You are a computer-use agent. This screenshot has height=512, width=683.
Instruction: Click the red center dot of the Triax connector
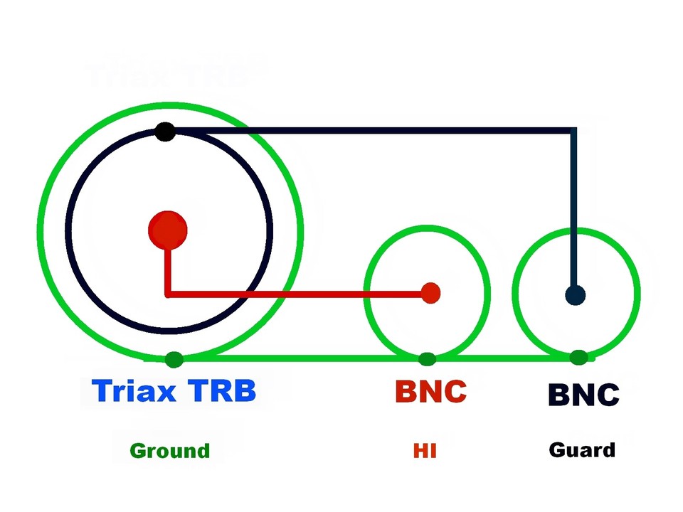point(168,230)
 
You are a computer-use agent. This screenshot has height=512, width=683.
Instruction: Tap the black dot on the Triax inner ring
point(165,132)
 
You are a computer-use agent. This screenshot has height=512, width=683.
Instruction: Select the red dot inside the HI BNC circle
point(430,292)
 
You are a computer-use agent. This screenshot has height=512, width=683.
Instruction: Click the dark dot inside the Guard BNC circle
point(575,294)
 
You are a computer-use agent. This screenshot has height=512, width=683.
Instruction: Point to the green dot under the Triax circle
point(174,359)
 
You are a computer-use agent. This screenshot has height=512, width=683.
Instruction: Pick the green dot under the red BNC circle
point(427,358)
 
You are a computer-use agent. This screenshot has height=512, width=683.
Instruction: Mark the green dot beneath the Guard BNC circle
point(578,357)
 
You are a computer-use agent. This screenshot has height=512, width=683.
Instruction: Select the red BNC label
point(430,391)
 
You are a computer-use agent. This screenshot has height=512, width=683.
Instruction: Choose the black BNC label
point(583,394)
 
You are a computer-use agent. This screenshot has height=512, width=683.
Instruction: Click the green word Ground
point(170,451)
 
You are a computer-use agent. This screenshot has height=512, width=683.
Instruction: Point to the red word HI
point(425,451)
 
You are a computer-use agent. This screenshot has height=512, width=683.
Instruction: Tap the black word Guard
point(582,450)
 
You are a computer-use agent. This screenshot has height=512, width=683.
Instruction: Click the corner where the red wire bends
point(168,292)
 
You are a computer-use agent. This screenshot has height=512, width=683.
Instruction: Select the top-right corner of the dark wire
point(573,131)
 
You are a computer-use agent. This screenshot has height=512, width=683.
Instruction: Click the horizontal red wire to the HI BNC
point(299,292)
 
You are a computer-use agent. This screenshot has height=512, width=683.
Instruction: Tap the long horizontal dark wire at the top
point(370,131)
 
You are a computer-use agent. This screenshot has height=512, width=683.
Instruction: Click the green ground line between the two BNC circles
point(502,358)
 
